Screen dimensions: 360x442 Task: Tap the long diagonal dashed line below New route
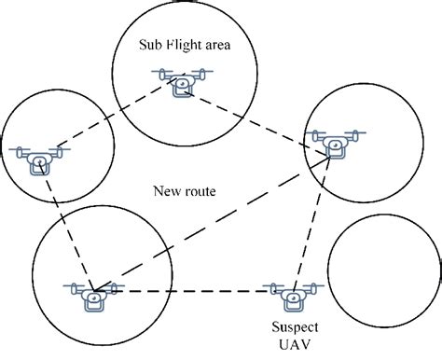click(214, 220)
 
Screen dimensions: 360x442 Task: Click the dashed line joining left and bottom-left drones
click(67, 228)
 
